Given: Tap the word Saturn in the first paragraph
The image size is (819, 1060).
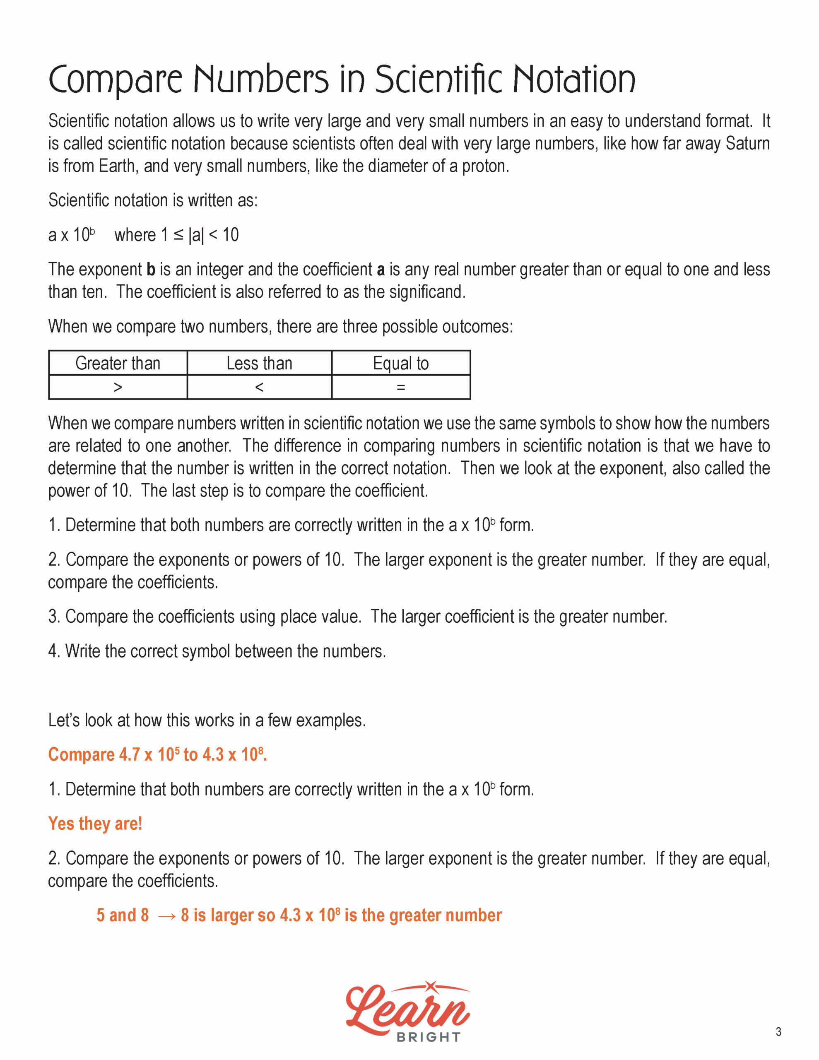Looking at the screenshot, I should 748,144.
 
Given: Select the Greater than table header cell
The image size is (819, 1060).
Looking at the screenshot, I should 118,363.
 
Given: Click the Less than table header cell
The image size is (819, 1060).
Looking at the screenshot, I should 259,363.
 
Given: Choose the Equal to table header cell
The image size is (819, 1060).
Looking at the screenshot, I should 400,363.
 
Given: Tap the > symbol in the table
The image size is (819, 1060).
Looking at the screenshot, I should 118,387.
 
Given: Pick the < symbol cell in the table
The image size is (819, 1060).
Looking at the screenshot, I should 259,387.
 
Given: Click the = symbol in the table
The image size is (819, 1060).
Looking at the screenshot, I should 400,387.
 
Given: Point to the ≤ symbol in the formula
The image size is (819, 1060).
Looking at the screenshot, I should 178,235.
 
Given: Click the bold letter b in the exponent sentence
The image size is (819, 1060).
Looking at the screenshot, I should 151,270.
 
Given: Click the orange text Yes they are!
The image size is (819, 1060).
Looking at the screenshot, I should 95,824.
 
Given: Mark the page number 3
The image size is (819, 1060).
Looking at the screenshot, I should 778,1032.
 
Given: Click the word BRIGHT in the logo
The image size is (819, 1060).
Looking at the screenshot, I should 428,1037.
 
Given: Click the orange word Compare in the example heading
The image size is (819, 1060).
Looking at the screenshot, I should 81,755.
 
